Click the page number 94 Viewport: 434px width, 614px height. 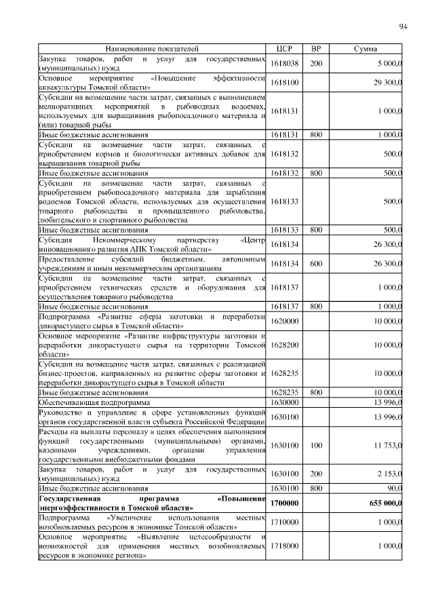(403, 26)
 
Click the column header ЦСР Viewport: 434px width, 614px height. (284, 50)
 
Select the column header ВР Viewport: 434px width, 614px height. (315, 50)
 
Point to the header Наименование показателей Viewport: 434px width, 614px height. (151, 50)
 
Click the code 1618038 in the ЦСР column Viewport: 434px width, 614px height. (284, 64)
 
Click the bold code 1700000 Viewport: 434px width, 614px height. (284, 503)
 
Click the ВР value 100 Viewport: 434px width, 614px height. (315, 445)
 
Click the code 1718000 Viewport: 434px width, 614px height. (284, 545)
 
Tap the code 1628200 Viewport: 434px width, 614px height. (284, 345)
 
